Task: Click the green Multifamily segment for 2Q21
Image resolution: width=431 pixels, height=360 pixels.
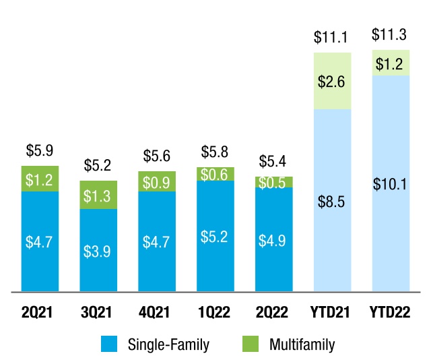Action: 40,179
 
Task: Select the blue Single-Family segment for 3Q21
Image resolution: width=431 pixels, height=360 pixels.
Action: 98,250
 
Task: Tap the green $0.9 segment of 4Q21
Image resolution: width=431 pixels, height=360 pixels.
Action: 157,181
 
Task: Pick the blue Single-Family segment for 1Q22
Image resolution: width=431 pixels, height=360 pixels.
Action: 215,236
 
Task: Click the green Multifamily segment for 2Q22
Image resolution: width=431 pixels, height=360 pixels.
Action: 274,182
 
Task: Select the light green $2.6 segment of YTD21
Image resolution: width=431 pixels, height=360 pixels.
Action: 332,81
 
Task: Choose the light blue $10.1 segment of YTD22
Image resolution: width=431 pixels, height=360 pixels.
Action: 391,183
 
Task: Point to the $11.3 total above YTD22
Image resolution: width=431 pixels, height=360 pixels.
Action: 389,34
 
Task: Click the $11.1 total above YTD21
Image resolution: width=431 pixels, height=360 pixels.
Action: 331,37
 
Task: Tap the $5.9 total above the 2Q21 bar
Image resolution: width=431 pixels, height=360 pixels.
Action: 40,150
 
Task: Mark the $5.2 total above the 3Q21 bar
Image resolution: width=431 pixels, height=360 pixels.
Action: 98,165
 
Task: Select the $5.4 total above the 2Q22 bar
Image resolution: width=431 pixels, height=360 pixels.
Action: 272,161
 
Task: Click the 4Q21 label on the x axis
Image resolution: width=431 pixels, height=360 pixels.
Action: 154,312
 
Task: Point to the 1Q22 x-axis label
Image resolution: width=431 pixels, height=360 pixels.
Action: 214,312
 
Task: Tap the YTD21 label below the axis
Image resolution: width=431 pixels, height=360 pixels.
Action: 330,312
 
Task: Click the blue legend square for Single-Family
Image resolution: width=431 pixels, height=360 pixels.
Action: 109,344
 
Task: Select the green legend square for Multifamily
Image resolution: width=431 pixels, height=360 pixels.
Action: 251,344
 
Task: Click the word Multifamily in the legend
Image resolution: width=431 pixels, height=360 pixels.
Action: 302,344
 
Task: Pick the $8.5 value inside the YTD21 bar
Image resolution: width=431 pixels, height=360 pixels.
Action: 331,202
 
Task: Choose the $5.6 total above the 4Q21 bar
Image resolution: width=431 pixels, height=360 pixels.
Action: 157,156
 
